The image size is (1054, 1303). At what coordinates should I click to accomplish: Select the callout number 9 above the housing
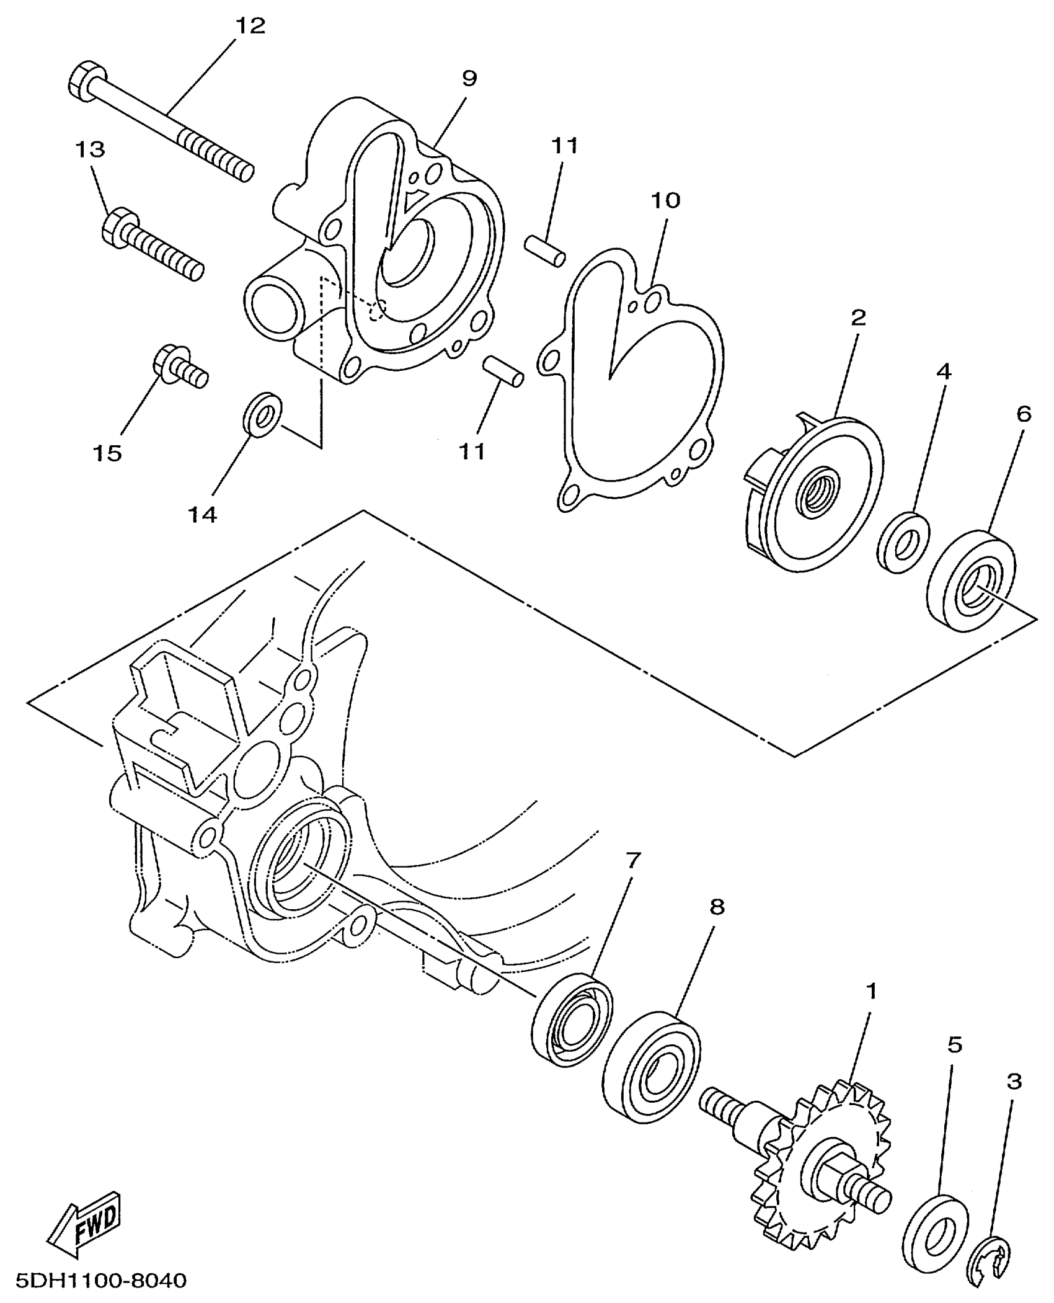coord(469,79)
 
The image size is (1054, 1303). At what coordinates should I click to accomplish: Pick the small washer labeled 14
coord(262,414)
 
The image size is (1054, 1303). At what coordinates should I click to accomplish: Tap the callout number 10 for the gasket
coord(666,200)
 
